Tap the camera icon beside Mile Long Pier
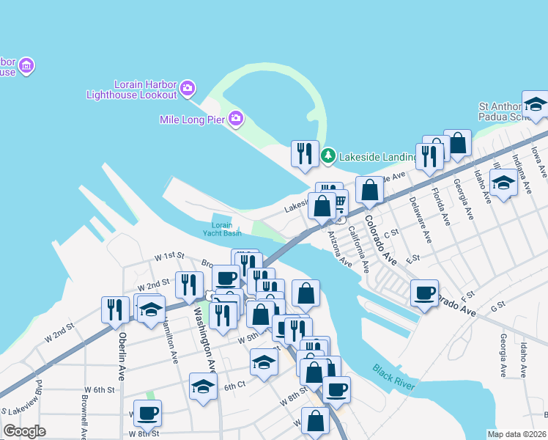pos(235,117)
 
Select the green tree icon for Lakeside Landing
pos(329,155)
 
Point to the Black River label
pos(393,377)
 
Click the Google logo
pos(24,430)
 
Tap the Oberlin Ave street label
pos(122,353)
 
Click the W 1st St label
pos(169,256)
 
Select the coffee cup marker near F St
pos(423,293)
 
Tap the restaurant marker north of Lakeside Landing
pos(304,153)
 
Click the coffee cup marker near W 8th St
pos(147,414)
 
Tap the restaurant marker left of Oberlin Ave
pos(115,309)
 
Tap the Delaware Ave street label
pos(423,219)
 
